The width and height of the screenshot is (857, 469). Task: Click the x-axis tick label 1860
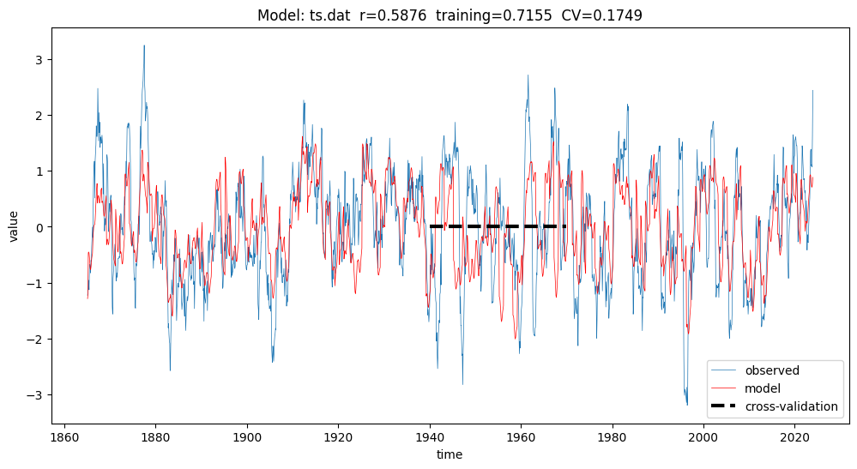pos(64,436)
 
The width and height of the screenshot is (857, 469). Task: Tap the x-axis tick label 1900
pos(247,436)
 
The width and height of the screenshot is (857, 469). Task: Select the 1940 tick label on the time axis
pos(430,436)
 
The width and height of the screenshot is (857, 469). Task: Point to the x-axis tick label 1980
pos(613,436)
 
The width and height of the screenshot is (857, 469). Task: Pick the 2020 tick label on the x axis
pos(794,436)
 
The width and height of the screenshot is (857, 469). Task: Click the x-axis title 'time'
pos(449,454)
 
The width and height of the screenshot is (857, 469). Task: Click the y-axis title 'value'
pos(15,227)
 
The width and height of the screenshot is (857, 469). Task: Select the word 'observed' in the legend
pos(772,370)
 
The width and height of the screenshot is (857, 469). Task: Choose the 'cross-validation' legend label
pos(791,406)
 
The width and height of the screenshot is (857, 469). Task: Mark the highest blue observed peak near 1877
pos(144,45)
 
